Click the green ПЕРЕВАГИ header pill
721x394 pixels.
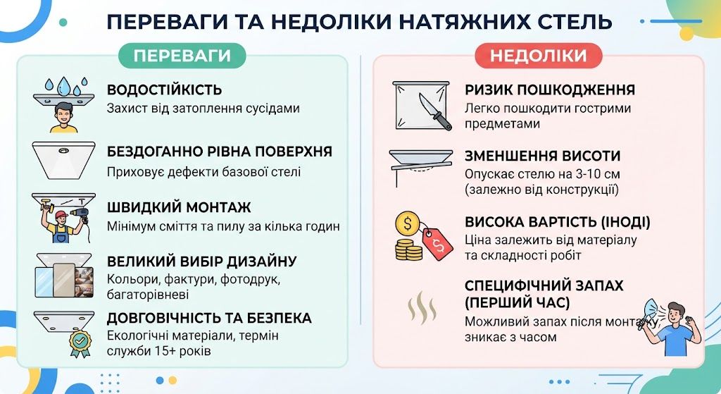click(x=182, y=56)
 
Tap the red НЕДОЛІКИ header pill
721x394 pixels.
click(x=539, y=56)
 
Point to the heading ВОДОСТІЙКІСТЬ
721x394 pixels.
click(x=165, y=90)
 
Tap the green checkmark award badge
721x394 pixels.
click(x=80, y=343)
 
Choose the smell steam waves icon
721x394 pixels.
click(x=422, y=307)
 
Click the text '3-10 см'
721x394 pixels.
click(x=597, y=174)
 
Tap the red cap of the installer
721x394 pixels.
click(x=61, y=215)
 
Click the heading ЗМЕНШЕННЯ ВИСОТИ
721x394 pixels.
click(x=543, y=156)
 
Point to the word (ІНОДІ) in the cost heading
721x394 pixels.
click(x=626, y=222)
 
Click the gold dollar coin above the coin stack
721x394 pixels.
click(x=408, y=224)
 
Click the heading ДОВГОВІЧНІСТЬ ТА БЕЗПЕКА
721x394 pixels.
click(x=209, y=318)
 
